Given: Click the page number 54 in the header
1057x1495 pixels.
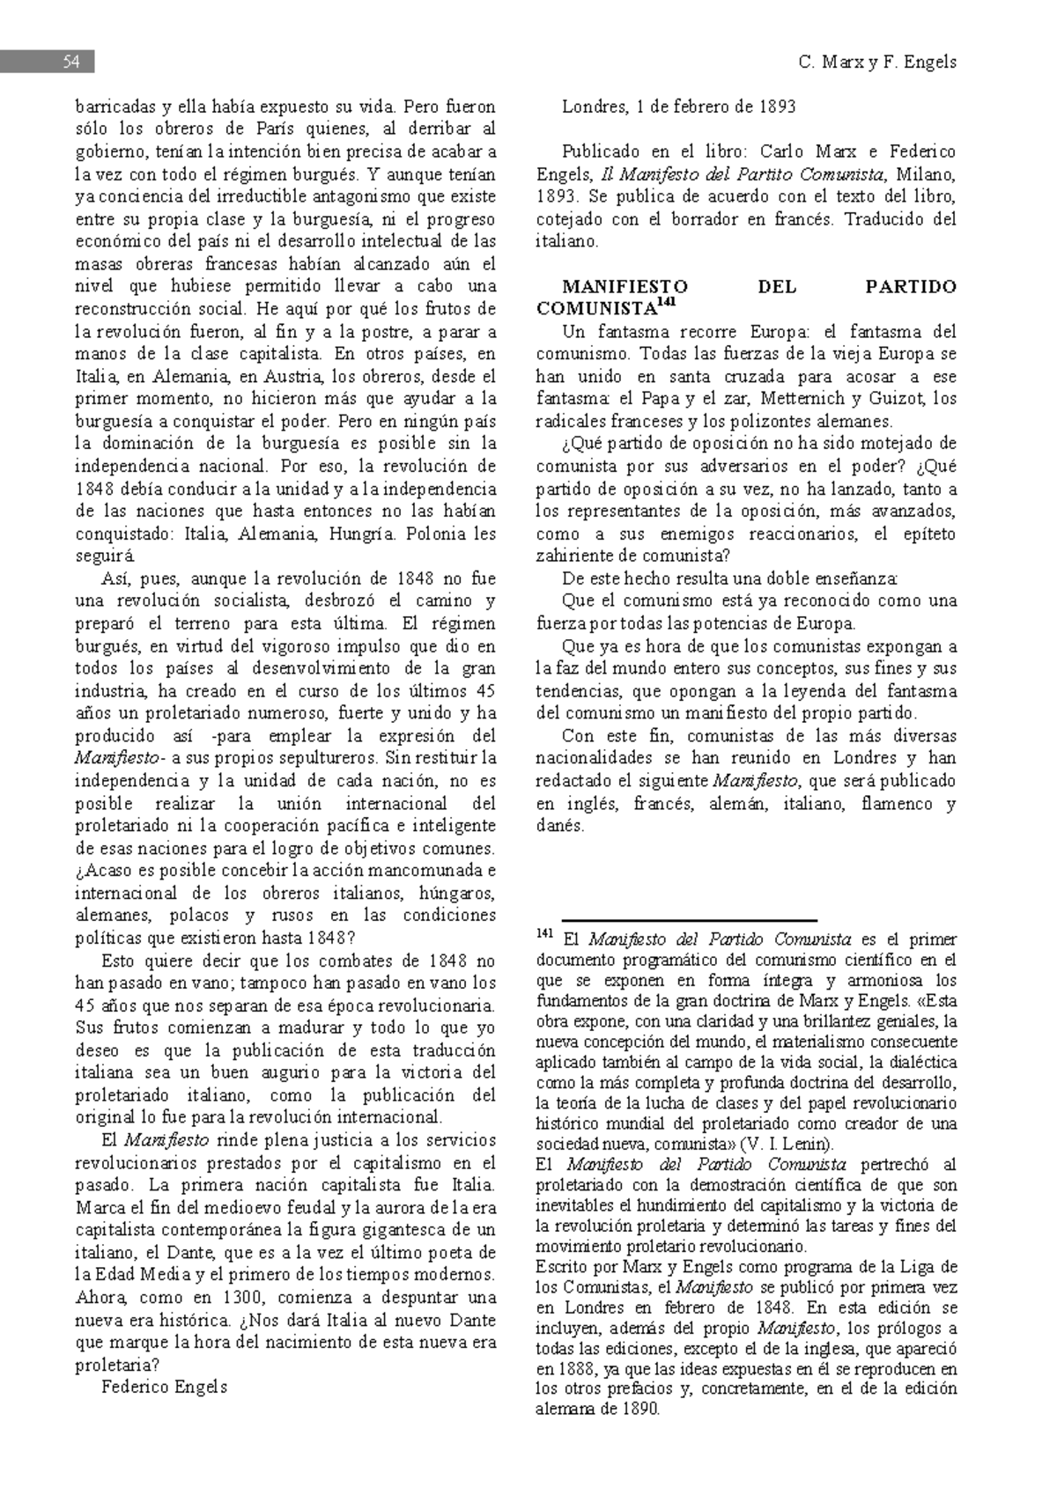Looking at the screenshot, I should point(70,62).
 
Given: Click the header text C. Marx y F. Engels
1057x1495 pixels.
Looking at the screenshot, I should point(876,62).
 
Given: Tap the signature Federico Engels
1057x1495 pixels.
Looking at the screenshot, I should point(164,1388).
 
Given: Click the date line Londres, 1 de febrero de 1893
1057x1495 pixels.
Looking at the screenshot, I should point(678,107).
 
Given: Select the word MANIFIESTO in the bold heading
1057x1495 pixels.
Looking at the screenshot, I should point(625,287).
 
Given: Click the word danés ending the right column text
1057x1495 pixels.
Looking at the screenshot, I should point(559,826).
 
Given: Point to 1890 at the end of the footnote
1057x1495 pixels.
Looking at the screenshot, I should point(639,1409).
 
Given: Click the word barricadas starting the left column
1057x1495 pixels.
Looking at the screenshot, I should point(113,107).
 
